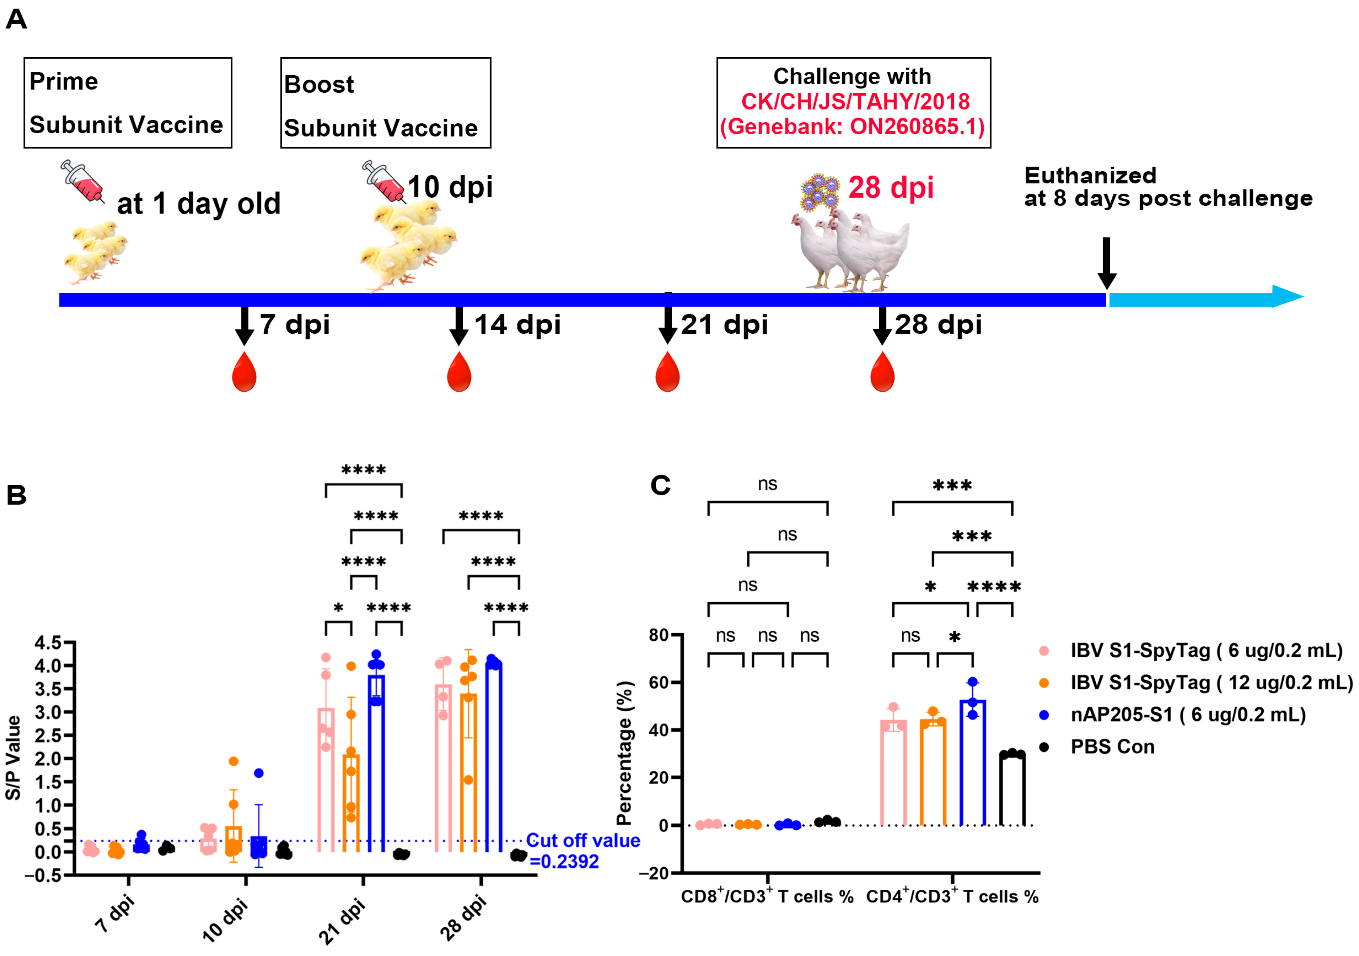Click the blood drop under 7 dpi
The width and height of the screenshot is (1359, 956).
pos(244,373)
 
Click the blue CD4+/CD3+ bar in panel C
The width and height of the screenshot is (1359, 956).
pos(973,763)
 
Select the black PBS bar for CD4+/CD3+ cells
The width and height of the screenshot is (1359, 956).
pos(1012,790)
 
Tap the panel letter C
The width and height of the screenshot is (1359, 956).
pos(660,486)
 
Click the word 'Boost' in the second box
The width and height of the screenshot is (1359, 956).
pos(319,85)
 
